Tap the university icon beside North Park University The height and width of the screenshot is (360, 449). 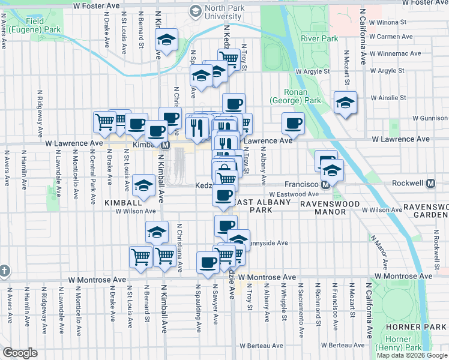coord(195,10)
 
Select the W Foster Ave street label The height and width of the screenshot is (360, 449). coord(96,5)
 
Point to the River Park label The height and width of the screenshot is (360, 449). coord(319,38)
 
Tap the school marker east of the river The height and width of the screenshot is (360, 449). coord(346,103)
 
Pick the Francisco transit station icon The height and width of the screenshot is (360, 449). coord(325,185)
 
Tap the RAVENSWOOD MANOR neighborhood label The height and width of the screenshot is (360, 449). coord(330,205)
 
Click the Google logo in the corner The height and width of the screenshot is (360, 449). coord(20,352)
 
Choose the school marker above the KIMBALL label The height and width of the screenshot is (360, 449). coord(144,186)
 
